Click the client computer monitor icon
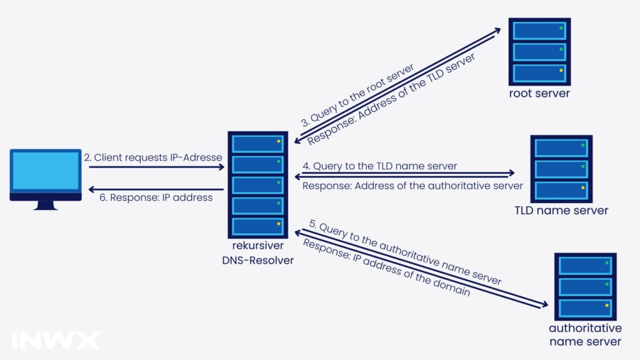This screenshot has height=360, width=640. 46,179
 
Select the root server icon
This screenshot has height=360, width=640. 539,52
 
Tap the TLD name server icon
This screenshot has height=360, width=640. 561,169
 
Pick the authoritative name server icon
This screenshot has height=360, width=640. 585,286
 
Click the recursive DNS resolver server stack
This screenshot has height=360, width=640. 258,185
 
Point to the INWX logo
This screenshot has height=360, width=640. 56,340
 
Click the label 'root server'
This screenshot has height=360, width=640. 539,94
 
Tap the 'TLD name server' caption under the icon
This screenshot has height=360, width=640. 561,211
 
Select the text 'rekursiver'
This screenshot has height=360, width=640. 258,246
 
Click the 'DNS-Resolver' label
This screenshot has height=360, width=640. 258,261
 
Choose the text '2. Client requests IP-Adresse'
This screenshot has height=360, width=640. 153,157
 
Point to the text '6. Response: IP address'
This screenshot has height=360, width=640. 156,197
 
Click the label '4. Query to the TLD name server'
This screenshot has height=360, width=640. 379,166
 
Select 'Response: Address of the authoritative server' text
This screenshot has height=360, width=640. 412,186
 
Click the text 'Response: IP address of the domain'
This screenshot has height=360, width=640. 386,267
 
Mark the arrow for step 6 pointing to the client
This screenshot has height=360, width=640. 156,189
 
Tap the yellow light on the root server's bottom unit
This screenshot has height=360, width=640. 561,71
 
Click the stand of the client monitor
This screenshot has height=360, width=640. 46,206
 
